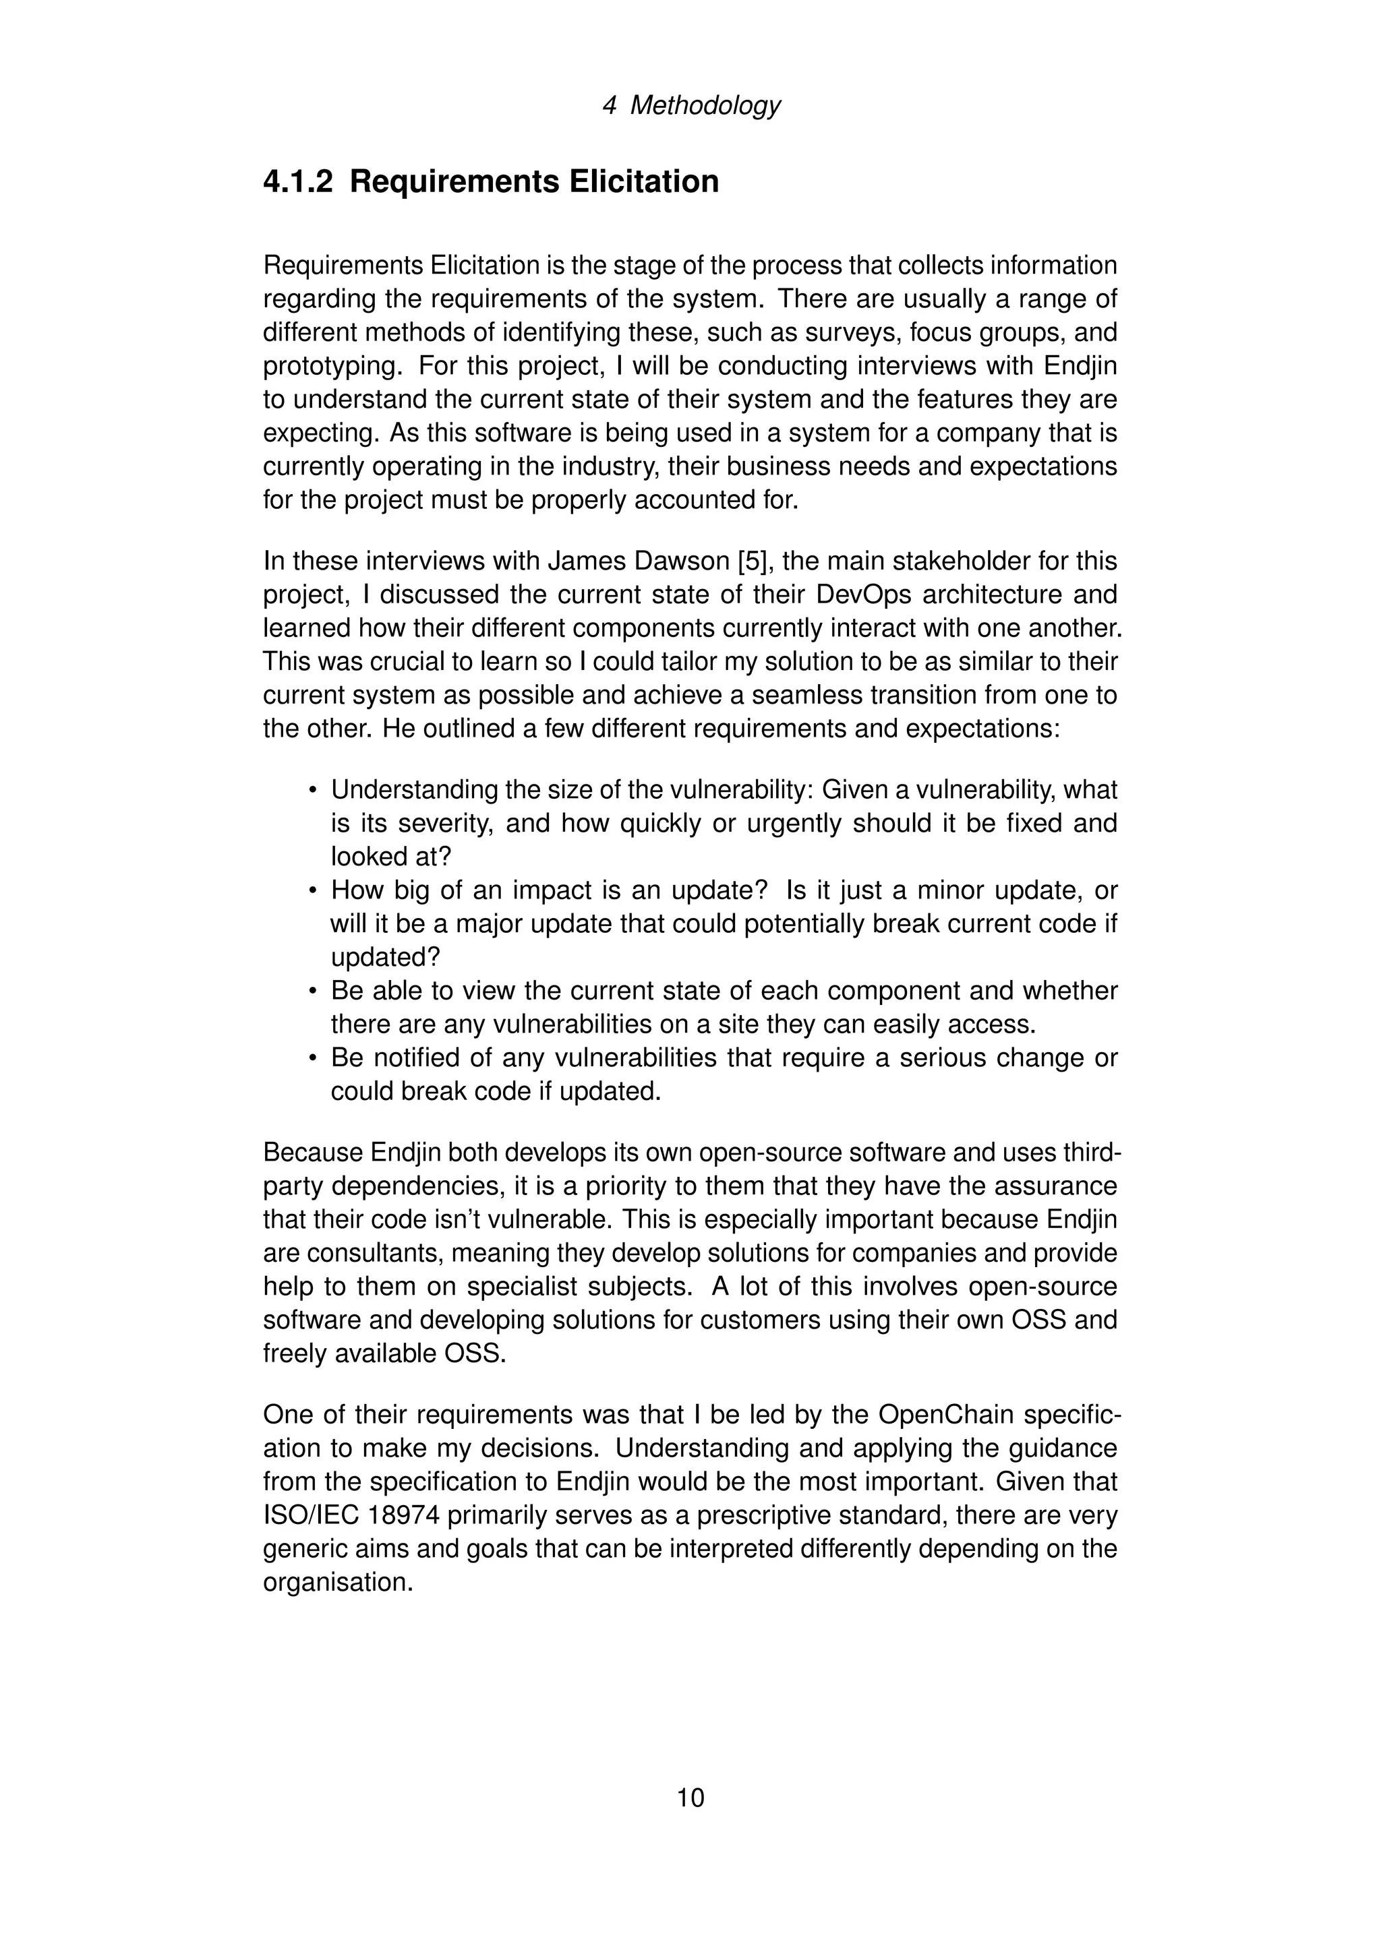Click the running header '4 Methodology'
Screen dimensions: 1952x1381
(690, 105)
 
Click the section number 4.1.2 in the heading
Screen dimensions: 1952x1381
(297, 182)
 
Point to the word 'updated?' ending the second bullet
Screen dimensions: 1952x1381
(385, 957)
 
